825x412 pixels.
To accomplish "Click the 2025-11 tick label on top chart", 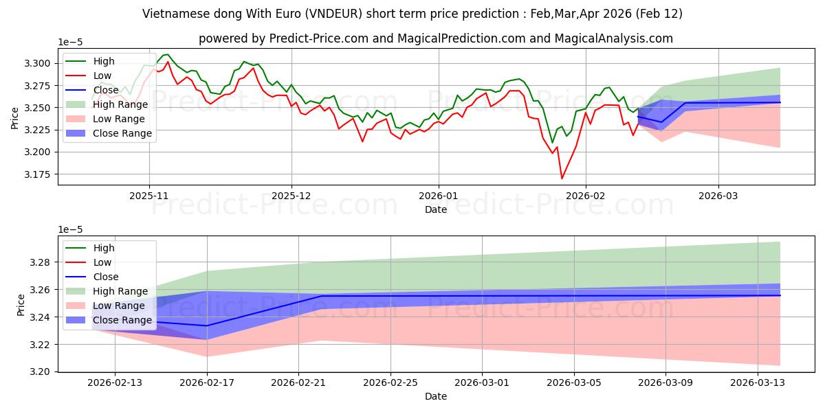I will tap(149, 196).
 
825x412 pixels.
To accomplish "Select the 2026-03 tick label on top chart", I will tap(718, 196).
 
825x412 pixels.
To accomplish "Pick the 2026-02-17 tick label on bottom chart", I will tap(206, 383).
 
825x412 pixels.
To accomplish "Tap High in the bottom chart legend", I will tap(104, 248).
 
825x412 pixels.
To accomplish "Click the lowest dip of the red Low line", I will tap(562, 179).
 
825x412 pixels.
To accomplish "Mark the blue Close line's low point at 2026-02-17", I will tap(206, 325).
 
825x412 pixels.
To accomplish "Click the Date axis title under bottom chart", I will tap(436, 396).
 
